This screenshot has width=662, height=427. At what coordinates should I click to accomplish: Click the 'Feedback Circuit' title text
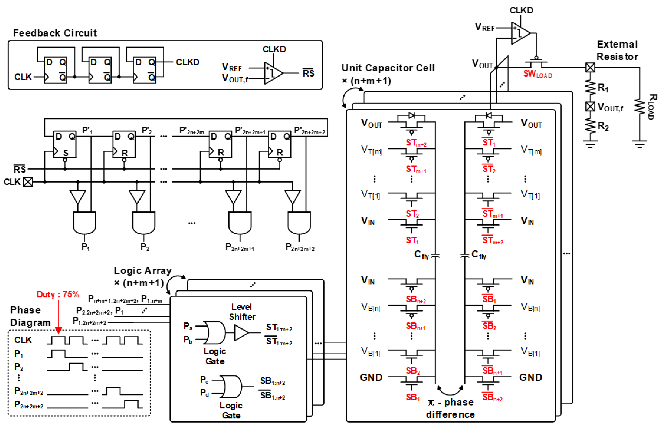pyautogui.click(x=55, y=33)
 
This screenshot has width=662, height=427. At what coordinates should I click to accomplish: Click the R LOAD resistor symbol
pyautogui.click(x=640, y=107)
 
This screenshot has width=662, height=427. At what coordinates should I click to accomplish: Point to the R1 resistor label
pyautogui.click(x=603, y=88)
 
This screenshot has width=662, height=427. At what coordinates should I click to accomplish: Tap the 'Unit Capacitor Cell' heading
pyautogui.click(x=388, y=68)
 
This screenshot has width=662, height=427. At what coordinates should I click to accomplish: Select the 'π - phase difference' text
pyautogui.click(x=450, y=408)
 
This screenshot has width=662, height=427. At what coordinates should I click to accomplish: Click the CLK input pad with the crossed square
pyautogui.click(x=28, y=182)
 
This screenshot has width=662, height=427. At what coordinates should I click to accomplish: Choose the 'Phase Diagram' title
pyautogui.click(x=30, y=316)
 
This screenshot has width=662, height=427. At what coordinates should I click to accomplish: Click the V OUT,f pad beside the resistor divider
pyautogui.click(x=590, y=107)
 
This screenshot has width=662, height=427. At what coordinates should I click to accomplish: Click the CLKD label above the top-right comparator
pyautogui.click(x=521, y=10)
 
